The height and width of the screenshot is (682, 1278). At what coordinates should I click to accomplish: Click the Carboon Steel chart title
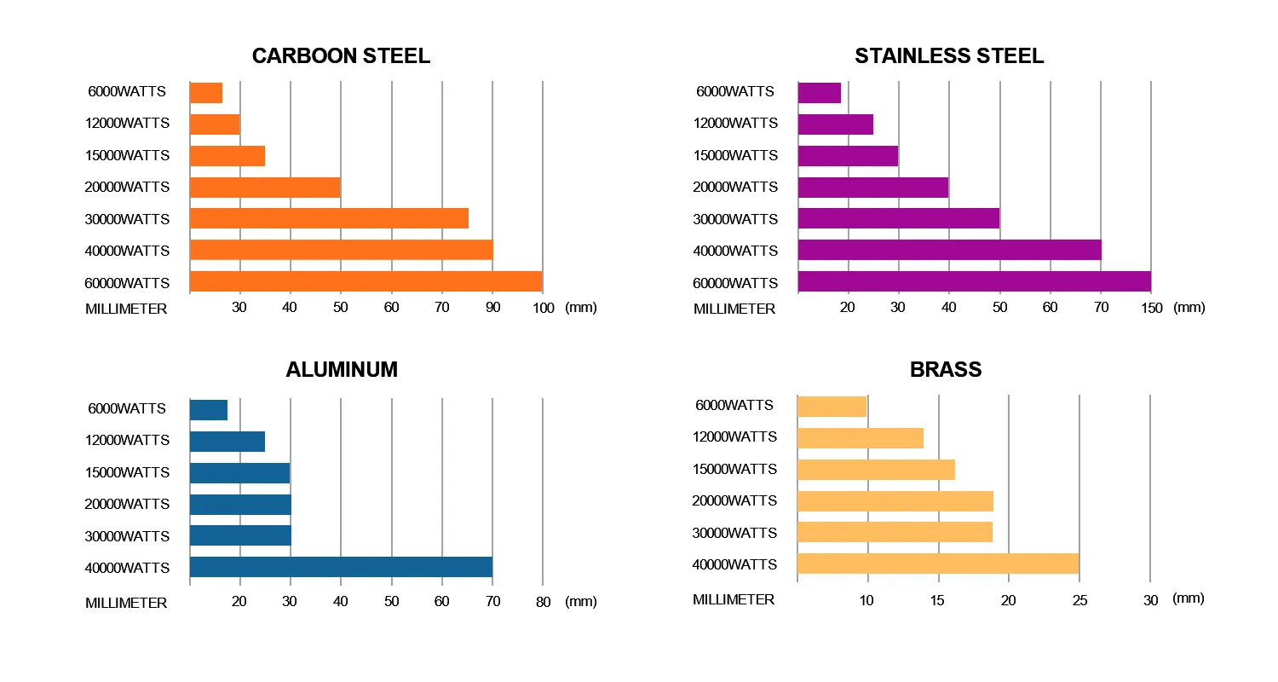[x=341, y=56]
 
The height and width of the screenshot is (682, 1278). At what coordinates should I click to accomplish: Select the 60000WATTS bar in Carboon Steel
[x=366, y=282]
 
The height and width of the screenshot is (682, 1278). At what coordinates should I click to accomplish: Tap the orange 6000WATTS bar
[x=206, y=93]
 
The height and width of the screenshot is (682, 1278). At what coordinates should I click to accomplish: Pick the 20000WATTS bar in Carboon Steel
[x=265, y=188]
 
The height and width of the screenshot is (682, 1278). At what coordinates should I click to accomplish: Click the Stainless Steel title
[x=949, y=56]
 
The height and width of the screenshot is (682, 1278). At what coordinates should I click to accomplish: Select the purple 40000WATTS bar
[x=949, y=250]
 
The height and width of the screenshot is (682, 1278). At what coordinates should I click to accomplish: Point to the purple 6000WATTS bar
[x=820, y=93]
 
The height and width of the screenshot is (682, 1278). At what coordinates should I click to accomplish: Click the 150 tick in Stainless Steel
[x=1151, y=308]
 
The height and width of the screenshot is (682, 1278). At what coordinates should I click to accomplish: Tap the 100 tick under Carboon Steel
[x=543, y=308]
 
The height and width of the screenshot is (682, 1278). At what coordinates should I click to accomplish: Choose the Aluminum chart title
[x=342, y=370]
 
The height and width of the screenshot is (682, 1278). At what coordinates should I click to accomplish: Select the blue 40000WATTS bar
[x=341, y=567]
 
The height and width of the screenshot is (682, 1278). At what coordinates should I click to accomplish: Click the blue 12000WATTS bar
[x=227, y=441]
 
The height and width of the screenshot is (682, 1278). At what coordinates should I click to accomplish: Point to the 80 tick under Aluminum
[x=543, y=602]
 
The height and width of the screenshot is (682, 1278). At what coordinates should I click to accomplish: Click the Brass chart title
[x=946, y=370]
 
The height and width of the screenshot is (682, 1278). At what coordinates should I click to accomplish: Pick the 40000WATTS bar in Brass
[x=938, y=564]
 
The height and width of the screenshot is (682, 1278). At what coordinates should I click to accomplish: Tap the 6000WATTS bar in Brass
[x=832, y=407]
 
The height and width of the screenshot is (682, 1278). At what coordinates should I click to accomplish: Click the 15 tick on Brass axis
[x=938, y=600]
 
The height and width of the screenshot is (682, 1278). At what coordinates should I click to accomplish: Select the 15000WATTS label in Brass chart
[x=734, y=469]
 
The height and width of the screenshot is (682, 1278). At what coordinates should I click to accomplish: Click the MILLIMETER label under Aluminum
[x=126, y=603]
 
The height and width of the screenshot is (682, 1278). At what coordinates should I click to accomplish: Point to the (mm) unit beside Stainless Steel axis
[x=1189, y=307]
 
